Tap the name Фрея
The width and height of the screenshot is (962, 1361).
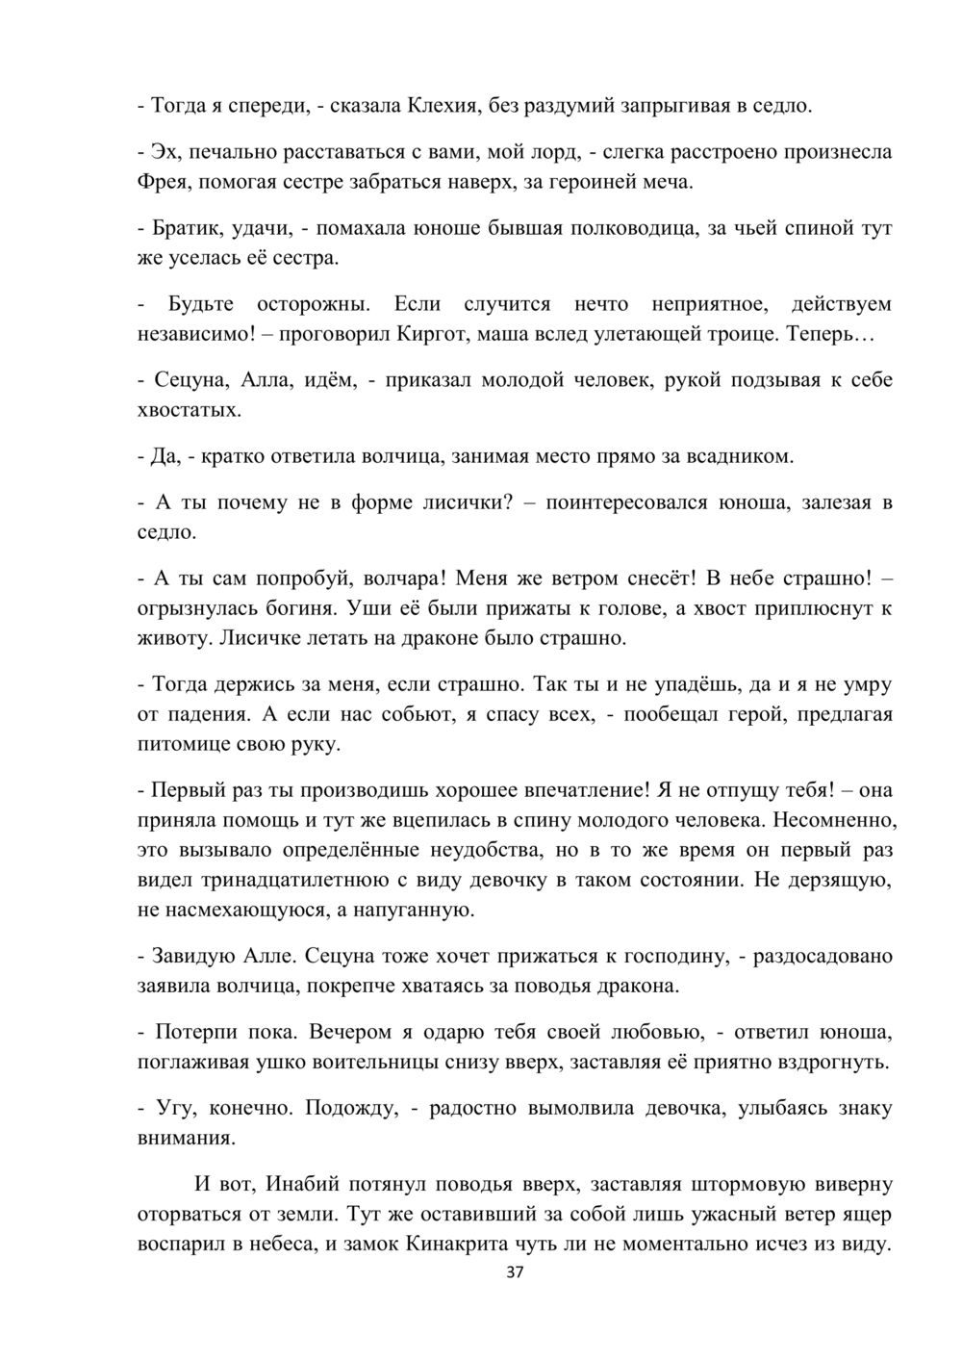click(163, 182)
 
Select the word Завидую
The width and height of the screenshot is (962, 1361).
click(189, 957)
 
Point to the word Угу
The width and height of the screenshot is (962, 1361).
click(174, 1108)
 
